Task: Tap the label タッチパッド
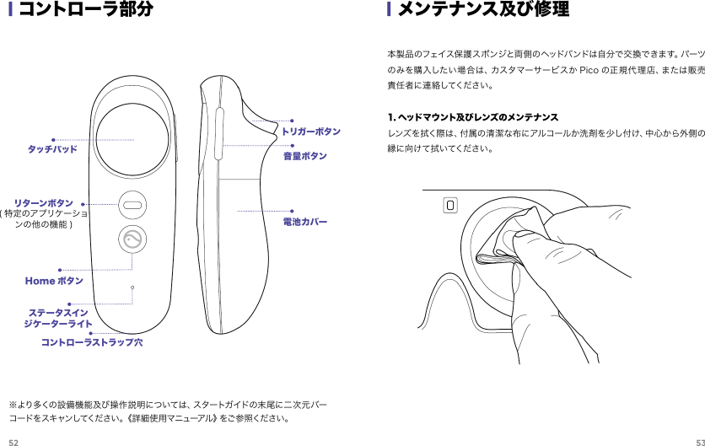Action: (x=52, y=149)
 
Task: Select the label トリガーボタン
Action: (x=311, y=132)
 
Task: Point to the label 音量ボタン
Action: (x=304, y=156)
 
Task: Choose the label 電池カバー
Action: (x=304, y=221)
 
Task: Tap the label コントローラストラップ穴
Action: (x=92, y=343)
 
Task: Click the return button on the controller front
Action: (x=132, y=203)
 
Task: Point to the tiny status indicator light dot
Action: (x=132, y=288)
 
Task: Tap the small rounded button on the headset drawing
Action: (x=450, y=205)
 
